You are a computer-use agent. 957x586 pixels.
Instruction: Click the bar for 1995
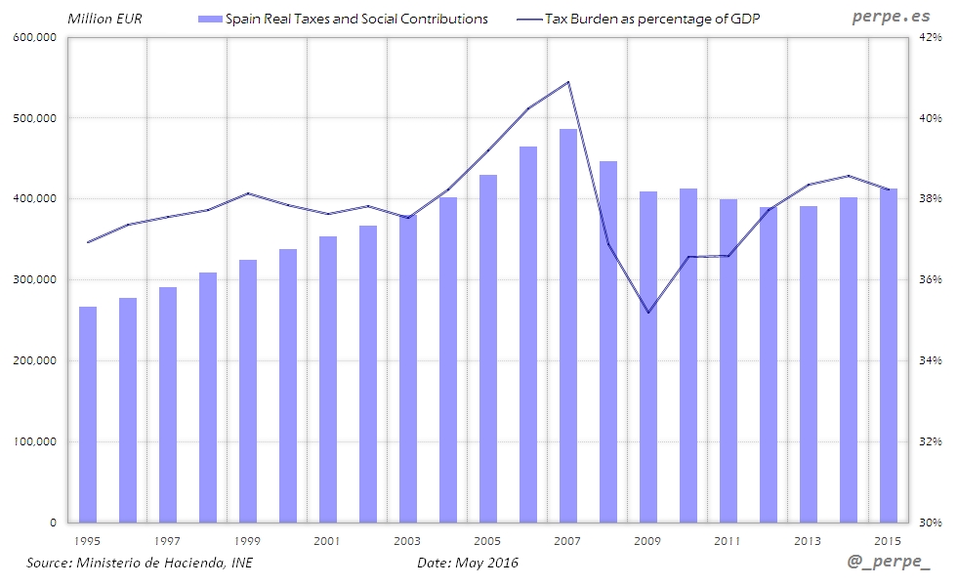88,414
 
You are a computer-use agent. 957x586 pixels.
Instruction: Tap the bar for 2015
888,356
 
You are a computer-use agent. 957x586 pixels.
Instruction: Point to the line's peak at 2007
568,82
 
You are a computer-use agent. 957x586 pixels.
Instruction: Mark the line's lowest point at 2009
648,313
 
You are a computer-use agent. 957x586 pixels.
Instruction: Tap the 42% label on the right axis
929,37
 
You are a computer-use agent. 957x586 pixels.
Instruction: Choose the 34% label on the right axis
929,360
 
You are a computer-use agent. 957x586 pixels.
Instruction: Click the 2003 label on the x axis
407,540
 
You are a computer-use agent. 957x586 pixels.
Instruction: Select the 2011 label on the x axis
727,540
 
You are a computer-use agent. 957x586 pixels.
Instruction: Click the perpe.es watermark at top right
891,18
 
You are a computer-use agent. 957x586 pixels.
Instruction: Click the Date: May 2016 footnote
468,563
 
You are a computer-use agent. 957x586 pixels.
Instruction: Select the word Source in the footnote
49,563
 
